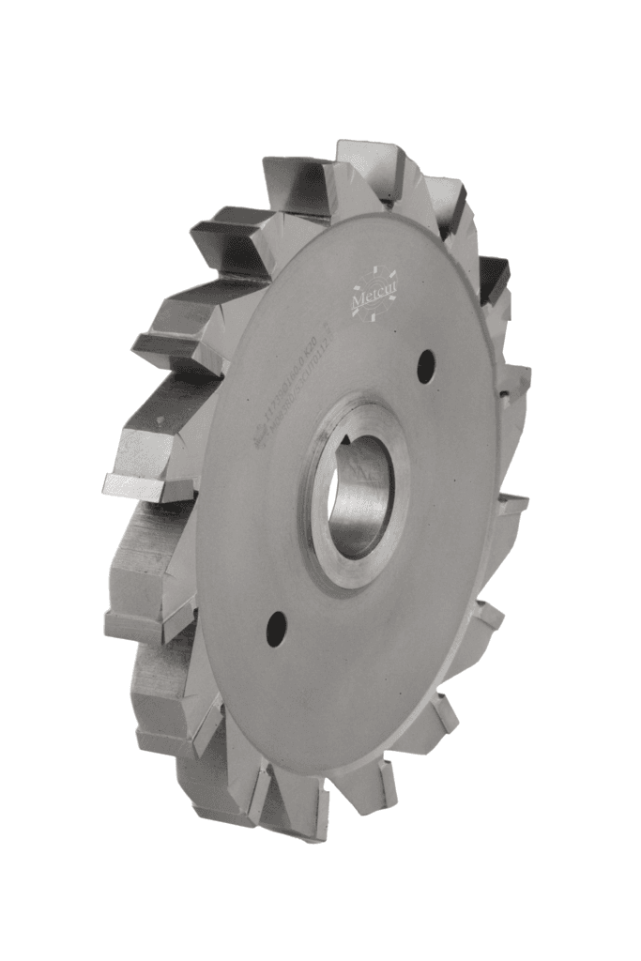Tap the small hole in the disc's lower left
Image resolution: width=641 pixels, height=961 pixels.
(276, 627)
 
